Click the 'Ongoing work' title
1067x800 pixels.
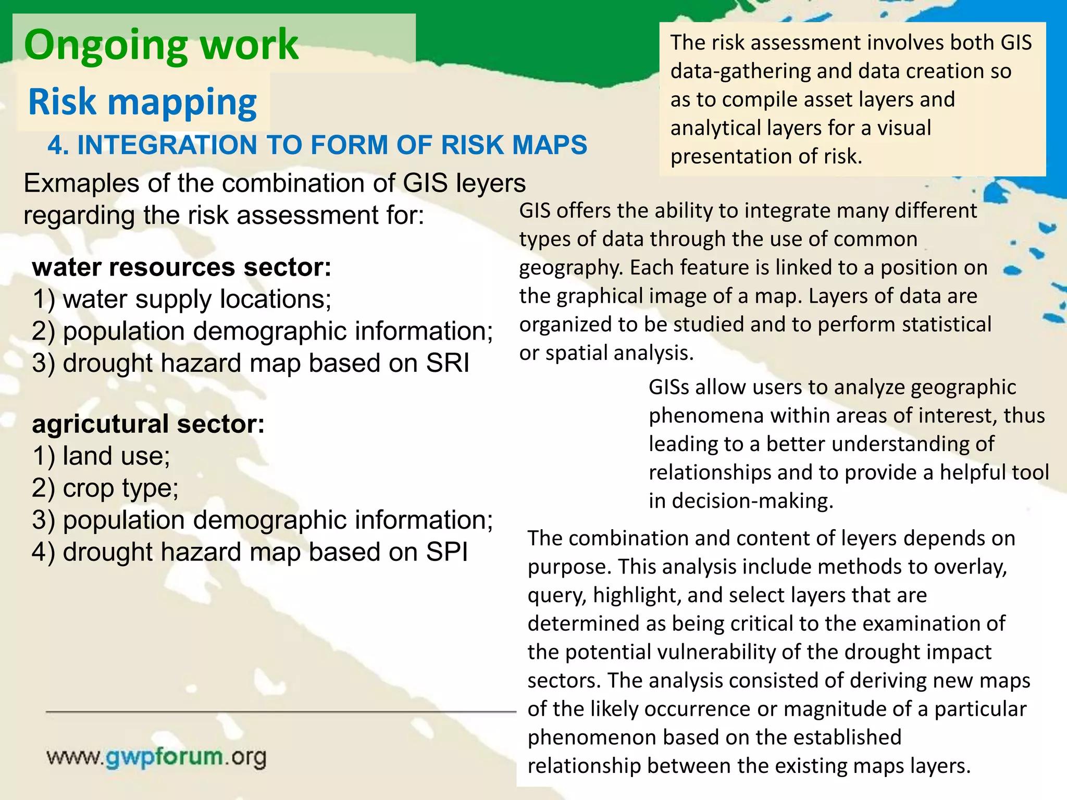coord(161,45)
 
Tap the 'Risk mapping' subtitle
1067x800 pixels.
coord(142,102)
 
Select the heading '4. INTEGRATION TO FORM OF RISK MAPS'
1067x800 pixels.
coord(317,145)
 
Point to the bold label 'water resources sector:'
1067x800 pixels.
coord(182,267)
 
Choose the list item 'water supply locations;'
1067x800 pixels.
coord(197,299)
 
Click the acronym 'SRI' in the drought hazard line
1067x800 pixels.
coord(448,363)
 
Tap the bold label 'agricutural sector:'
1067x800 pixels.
coord(148,424)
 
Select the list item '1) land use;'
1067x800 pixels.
coord(101,456)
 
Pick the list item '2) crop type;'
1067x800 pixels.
coord(105,488)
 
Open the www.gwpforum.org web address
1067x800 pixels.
coord(156,757)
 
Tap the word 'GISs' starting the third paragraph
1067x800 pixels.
coord(668,387)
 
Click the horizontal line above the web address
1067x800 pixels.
coord(281,711)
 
